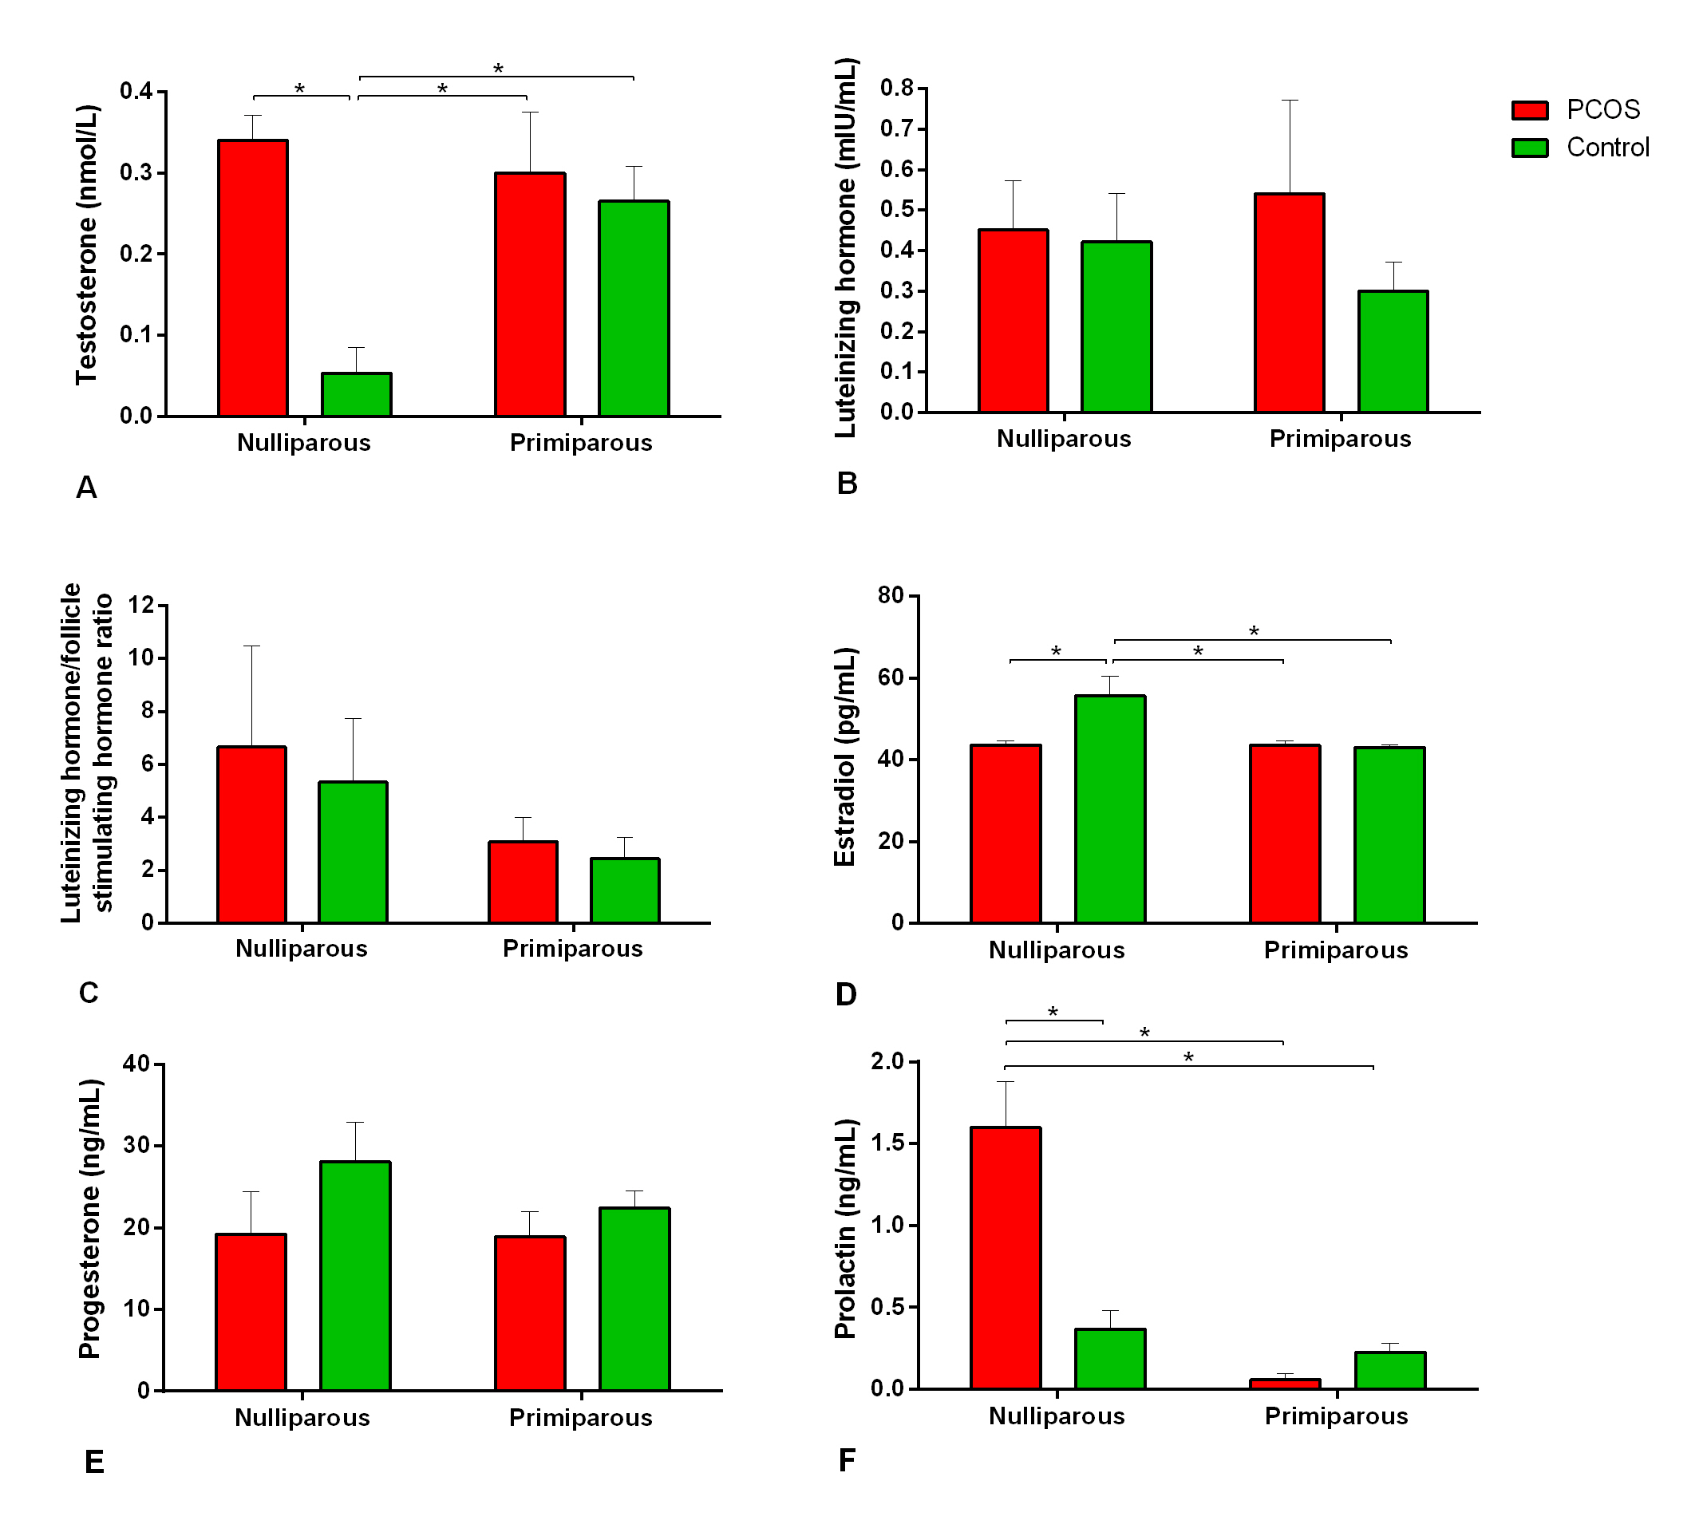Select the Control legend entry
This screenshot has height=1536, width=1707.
(x=1579, y=148)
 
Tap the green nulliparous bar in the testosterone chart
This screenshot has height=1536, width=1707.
(x=356, y=394)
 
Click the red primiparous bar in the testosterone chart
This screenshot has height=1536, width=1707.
(x=530, y=294)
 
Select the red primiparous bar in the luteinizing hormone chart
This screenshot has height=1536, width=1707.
(x=1289, y=303)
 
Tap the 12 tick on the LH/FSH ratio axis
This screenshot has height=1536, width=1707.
(x=142, y=605)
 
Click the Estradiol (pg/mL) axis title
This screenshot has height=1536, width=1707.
(x=845, y=757)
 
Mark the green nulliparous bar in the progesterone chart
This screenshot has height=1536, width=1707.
(x=355, y=1275)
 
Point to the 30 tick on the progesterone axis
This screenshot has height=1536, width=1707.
(x=136, y=1145)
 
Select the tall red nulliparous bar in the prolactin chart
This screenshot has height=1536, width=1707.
(x=1006, y=1258)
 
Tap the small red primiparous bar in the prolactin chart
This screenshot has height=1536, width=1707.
(x=1285, y=1384)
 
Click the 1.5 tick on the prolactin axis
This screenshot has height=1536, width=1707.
(x=889, y=1143)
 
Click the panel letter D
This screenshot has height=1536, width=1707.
(x=846, y=995)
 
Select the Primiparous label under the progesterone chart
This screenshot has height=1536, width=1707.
(x=581, y=1418)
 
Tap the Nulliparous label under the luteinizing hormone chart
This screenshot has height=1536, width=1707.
(x=1064, y=439)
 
